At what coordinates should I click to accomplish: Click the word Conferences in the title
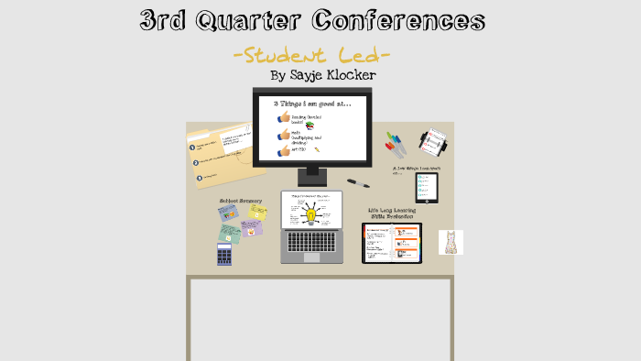(x=397, y=20)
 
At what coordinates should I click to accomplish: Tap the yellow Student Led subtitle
(x=311, y=55)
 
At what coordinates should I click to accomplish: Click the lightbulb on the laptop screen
(x=310, y=216)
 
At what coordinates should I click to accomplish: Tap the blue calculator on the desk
(x=224, y=254)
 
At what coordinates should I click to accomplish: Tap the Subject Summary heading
(x=240, y=201)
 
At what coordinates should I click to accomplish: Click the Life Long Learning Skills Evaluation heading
(x=391, y=213)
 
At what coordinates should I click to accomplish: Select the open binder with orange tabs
(x=391, y=243)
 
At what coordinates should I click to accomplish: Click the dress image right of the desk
(x=451, y=242)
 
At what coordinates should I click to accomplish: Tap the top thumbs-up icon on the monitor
(x=284, y=118)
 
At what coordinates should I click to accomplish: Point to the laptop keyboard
(x=311, y=242)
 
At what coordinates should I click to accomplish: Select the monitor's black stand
(x=312, y=175)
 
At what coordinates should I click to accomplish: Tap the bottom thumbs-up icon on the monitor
(x=284, y=150)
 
